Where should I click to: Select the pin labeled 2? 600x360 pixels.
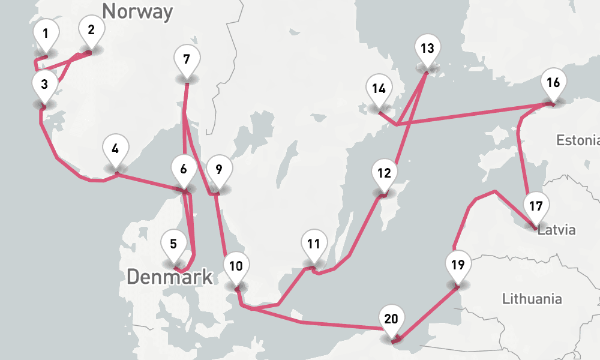91,31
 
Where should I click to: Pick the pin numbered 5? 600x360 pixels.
173,245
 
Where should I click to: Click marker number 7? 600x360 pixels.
187,60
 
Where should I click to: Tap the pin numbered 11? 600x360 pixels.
313,244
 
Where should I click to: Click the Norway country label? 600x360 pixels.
137,11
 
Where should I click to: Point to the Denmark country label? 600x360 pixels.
170,277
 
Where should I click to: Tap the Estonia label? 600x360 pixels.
577,141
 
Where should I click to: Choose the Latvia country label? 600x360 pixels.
557,230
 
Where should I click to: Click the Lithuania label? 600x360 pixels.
532,298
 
